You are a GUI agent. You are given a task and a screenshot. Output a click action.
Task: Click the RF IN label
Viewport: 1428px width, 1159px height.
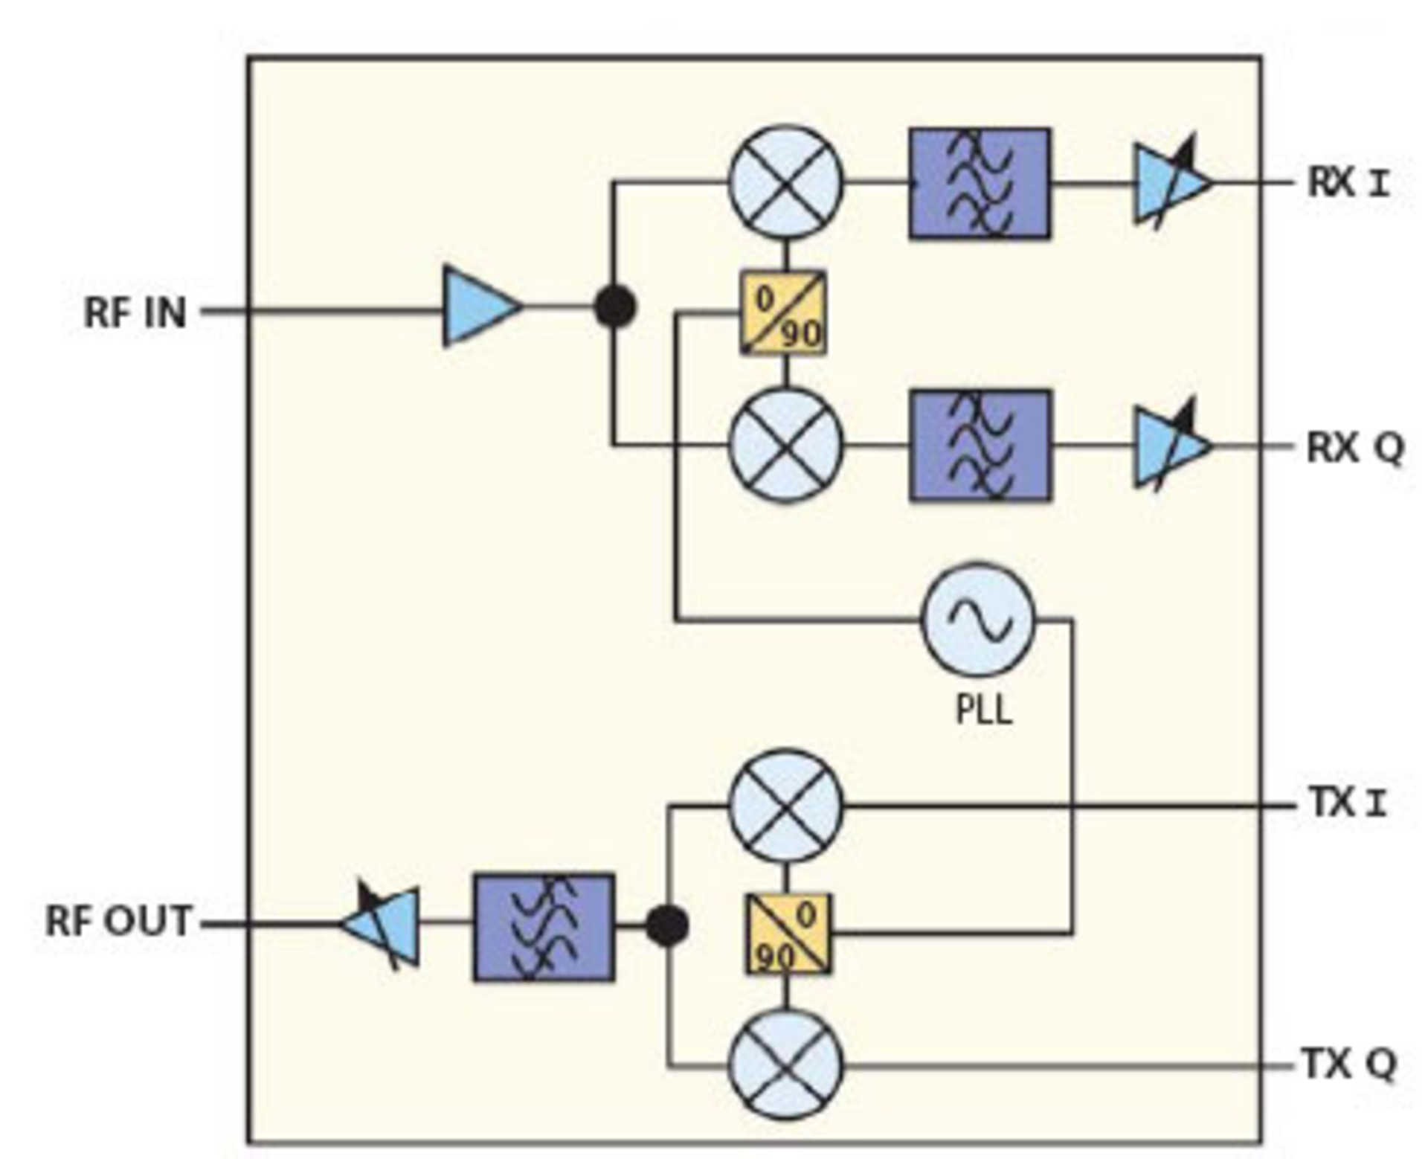tap(135, 312)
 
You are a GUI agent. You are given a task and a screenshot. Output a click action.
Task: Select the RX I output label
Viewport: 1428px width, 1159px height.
tap(1348, 183)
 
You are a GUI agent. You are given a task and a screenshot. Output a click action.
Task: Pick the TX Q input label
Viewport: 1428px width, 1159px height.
tap(1348, 1064)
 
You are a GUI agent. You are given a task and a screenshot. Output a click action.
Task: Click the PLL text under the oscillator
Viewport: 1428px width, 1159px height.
tap(983, 710)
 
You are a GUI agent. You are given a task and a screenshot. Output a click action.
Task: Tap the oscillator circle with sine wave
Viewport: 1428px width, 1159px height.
tap(978, 619)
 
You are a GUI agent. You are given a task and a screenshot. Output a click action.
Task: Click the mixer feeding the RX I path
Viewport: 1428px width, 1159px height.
tap(786, 182)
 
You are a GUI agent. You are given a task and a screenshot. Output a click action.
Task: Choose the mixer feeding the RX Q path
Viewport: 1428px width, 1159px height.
tap(786, 446)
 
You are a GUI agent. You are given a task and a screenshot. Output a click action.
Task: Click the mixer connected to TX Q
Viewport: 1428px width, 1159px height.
tap(786, 1065)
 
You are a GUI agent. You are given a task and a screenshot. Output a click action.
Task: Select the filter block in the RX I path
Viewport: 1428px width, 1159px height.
tap(980, 183)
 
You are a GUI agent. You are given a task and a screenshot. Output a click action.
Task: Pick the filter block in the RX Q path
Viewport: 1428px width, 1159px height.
tap(980, 446)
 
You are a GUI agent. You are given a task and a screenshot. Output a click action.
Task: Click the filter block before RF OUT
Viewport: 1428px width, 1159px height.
tap(544, 927)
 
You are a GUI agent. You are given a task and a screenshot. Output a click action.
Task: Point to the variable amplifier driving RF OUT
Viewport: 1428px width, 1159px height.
tap(383, 925)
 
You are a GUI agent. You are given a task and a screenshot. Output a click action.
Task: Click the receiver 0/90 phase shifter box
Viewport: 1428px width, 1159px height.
tap(783, 312)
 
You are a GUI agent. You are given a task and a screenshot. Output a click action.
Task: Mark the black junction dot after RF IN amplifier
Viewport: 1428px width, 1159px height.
tap(615, 307)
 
